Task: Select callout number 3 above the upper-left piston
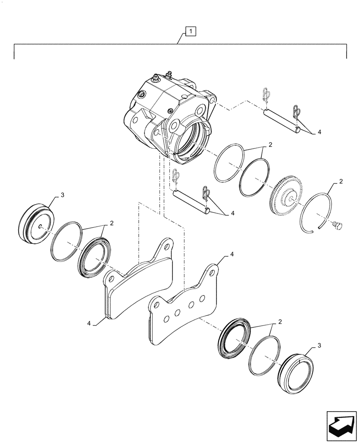63,195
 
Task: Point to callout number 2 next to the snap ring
340,182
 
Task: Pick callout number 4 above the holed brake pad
231,256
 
